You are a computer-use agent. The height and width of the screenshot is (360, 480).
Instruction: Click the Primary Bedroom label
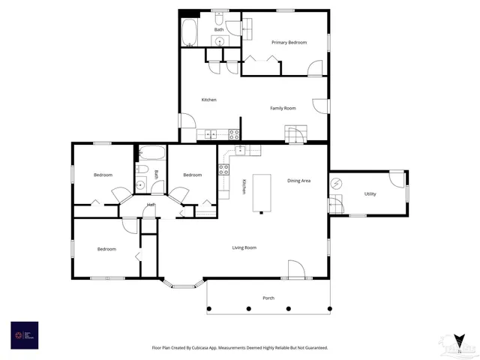coord(289,43)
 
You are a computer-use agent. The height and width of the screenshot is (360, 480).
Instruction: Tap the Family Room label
coord(283,108)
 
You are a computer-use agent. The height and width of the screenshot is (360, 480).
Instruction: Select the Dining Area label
coord(298,181)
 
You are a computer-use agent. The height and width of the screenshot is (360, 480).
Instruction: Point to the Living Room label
coord(244,247)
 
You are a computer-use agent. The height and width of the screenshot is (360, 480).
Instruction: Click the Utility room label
coord(370,194)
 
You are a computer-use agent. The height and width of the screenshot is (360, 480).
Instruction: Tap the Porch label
coord(268,298)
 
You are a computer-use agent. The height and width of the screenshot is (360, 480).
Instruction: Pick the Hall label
coord(151,205)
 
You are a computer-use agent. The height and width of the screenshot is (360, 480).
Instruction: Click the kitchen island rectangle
coord(262,193)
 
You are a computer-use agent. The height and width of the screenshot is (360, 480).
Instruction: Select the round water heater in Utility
coord(337,182)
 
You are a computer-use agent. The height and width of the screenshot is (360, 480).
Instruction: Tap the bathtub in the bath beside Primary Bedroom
coord(189,32)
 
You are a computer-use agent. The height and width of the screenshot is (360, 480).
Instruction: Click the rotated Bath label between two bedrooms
coord(157,174)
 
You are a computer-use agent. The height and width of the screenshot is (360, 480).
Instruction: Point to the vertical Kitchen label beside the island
coord(244,187)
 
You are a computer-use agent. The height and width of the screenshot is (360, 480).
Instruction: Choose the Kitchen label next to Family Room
coord(209,100)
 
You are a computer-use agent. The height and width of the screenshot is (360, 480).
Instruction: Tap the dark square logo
coord(24,334)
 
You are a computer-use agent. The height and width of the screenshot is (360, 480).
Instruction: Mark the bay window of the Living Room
coord(184,284)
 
